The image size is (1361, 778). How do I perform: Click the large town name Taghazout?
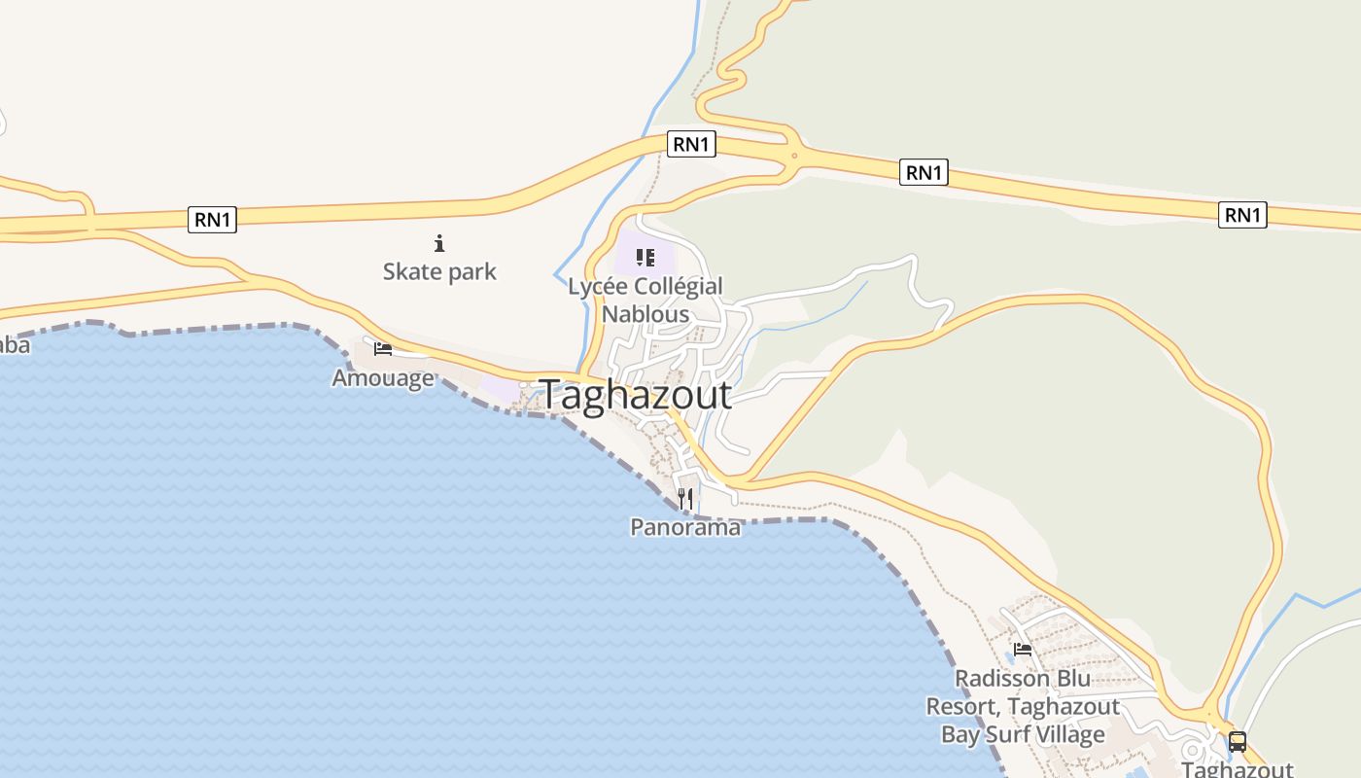tap(635, 395)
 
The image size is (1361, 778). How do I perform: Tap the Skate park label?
tap(439, 271)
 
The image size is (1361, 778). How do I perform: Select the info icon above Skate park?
tap(439, 243)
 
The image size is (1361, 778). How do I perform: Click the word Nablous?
tap(646, 314)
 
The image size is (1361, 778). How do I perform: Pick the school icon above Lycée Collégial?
tap(646, 258)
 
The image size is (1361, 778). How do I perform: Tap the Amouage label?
tap(383, 377)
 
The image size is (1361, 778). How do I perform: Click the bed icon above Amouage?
tap(383, 348)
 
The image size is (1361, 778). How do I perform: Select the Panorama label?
tap(685, 527)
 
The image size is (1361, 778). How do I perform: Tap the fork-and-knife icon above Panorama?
tap(685, 499)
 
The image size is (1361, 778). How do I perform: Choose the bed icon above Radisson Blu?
tap(1023, 650)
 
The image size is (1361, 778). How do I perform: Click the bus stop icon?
tap(1237, 741)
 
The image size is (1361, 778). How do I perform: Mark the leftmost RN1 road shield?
tap(212, 220)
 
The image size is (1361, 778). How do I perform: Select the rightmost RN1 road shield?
tap(1242, 214)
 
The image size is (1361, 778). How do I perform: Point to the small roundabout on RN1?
tap(794, 155)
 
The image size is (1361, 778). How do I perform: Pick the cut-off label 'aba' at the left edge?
tap(14, 345)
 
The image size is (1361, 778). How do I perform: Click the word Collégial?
tap(679, 287)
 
